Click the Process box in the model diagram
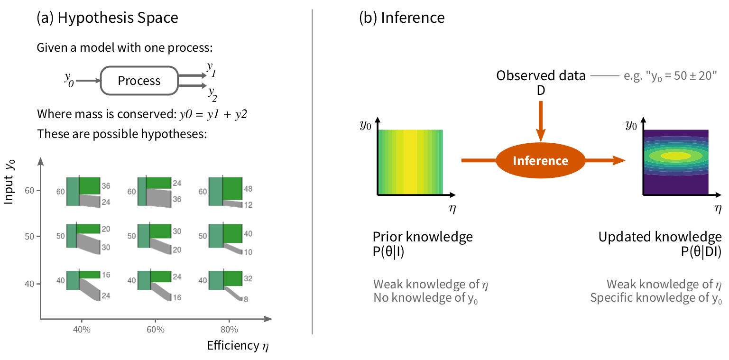pyautogui.click(x=139, y=81)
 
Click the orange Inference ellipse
pyautogui.click(x=540, y=161)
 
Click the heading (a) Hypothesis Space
pyautogui.click(x=107, y=18)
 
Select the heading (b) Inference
pyautogui.click(x=402, y=18)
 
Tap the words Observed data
pyautogui.click(x=541, y=75)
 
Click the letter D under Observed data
pyautogui.click(x=541, y=91)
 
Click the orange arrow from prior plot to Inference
pyautogui.click(x=478, y=161)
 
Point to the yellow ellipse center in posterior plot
pyautogui.click(x=676, y=156)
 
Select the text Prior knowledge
pyautogui.click(x=423, y=237)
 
